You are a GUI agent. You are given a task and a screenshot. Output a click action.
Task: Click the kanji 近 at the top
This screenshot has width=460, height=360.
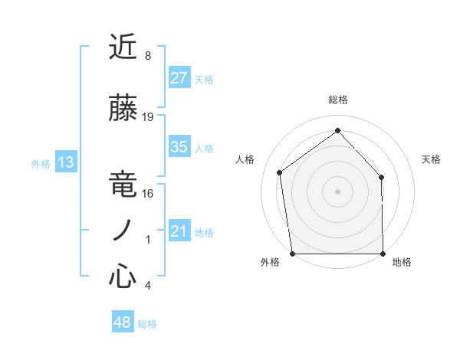click(x=123, y=47)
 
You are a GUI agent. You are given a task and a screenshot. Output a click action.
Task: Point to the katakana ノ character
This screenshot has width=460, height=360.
click(x=123, y=231)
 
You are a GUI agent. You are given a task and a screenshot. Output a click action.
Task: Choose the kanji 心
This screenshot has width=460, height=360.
click(x=123, y=277)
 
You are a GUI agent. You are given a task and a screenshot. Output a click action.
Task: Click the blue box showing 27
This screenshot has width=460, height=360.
click(x=179, y=78)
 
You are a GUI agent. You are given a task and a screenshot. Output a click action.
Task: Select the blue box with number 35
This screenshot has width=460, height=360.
click(x=179, y=147)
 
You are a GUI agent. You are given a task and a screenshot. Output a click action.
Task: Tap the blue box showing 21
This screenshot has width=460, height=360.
click(x=179, y=232)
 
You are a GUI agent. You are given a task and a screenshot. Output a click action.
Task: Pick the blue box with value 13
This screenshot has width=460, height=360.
click(x=65, y=162)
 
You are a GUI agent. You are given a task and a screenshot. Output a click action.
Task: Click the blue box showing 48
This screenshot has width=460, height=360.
click(x=123, y=322)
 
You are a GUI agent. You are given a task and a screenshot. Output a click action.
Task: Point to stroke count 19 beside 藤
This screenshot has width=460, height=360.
click(x=148, y=117)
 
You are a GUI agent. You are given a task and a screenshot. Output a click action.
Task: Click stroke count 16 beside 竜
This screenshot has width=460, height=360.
click(x=148, y=194)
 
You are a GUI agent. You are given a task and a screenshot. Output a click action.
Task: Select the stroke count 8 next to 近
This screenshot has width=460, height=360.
click(x=148, y=56)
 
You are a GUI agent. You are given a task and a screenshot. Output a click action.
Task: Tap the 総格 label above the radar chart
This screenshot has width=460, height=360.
click(x=338, y=100)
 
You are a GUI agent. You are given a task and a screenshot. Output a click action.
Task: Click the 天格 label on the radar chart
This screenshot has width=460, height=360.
click(x=431, y=159)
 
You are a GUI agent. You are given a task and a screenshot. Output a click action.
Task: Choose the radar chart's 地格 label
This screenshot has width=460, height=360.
click(x=402, y=262)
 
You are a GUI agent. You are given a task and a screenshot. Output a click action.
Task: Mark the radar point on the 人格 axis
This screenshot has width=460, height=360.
click(x=280, y=172)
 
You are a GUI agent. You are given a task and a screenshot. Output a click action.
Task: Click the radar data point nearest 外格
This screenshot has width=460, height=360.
click(x=292, y=254)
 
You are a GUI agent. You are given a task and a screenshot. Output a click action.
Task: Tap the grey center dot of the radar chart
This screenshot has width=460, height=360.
click(x=337, y=191)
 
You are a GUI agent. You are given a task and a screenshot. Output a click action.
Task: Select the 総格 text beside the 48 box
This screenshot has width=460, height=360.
click(x=147, y=324)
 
